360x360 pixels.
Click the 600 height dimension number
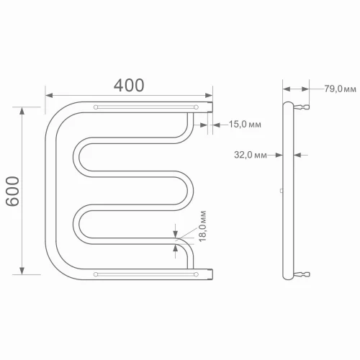pyautogui.click(x=14, y=191)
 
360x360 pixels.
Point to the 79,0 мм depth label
pyautogui.click(x=340, y=89)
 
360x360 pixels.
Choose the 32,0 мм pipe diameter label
pyautogui.click(x=251, y=154)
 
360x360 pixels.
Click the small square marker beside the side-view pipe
pyautogui.click(x=281, y=191)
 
